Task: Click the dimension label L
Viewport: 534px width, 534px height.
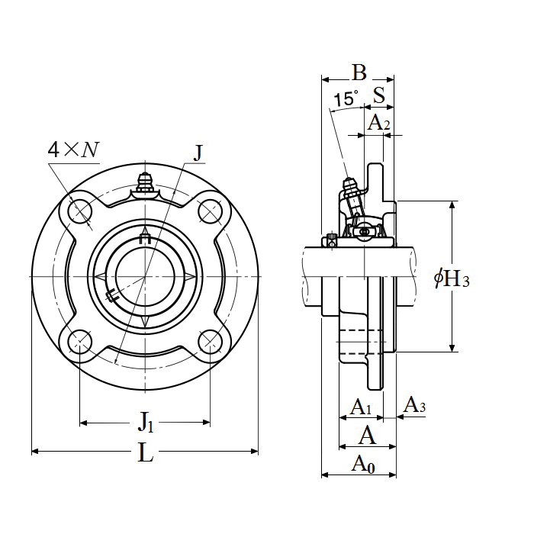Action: coord(146,452)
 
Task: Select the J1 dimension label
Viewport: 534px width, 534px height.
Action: coord(146,422)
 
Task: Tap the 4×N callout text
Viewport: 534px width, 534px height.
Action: coord(73,150)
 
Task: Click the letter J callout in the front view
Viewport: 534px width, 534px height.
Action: coord(198,153)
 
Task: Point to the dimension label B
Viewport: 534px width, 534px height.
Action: coord(359,72)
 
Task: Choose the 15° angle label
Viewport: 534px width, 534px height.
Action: coord(346,98)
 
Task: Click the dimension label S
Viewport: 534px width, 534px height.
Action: coord(379,95)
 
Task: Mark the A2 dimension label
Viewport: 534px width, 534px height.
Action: coord(378,124)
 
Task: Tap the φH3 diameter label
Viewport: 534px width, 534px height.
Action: coord(452,278)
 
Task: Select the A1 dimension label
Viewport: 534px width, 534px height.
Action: coord(361,407)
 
